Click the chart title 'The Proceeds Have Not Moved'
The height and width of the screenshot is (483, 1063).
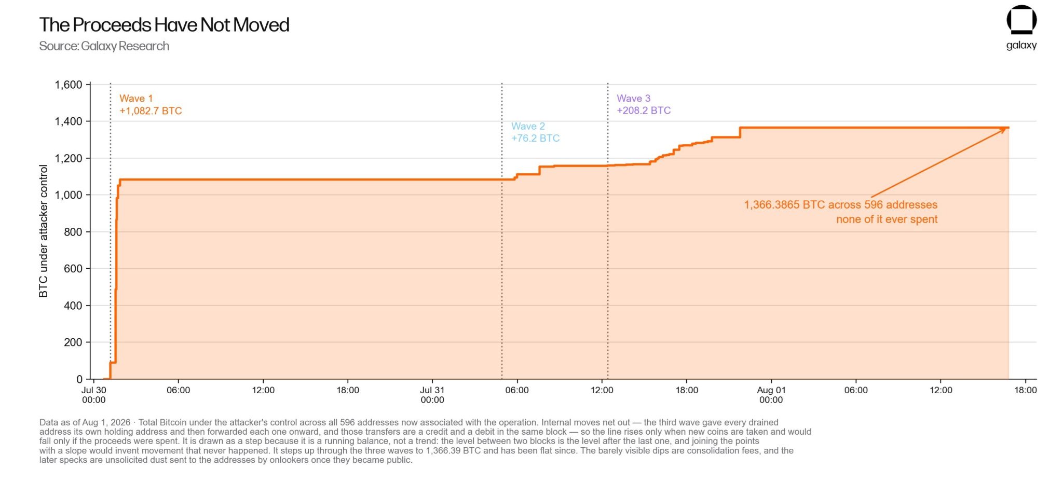coord(164,25)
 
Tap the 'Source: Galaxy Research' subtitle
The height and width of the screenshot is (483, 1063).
coord(104,46)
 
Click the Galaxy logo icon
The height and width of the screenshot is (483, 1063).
coord(1021,20)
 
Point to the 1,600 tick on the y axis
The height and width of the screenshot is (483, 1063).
coord(69,85)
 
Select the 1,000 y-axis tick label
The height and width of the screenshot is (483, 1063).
coord(69,195)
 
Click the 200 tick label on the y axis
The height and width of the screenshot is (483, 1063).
coord(73,342)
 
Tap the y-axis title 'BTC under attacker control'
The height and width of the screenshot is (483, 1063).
coord(43,231)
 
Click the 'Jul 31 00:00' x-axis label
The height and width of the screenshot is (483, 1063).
coord(432,395)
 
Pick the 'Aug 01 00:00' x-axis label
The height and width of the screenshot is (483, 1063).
coord(771,395)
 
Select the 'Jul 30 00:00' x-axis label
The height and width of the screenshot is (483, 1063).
coord(94,395)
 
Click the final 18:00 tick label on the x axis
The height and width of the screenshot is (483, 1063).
coord(1026,390)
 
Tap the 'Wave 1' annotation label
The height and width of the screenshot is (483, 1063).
coord(136,99)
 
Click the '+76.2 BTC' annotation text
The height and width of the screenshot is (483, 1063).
coord(536,139)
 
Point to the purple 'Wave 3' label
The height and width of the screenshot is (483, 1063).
coord(633,99)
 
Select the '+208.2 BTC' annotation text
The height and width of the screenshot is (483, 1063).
coord(644,111)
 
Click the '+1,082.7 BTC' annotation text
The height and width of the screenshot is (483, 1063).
coord(151,111)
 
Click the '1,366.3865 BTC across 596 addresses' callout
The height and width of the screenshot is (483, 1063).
coord(841,205)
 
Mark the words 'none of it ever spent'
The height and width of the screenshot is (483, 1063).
coord(887,219)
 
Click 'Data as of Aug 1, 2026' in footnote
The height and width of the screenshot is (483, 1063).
coord(85,423)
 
